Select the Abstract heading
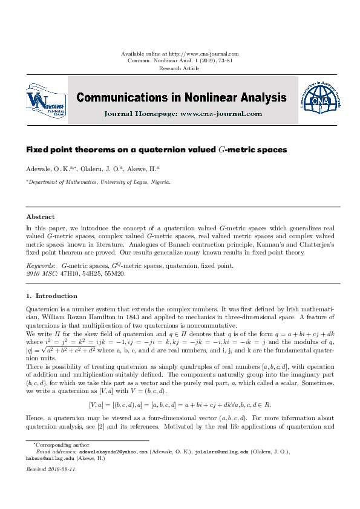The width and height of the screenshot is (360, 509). point(41,216)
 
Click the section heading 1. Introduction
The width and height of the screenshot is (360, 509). point(51,296)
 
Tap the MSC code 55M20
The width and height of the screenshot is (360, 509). point(115,273)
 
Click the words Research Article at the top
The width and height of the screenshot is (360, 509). point(180,68)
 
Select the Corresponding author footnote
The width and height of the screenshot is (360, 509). point(54,444)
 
